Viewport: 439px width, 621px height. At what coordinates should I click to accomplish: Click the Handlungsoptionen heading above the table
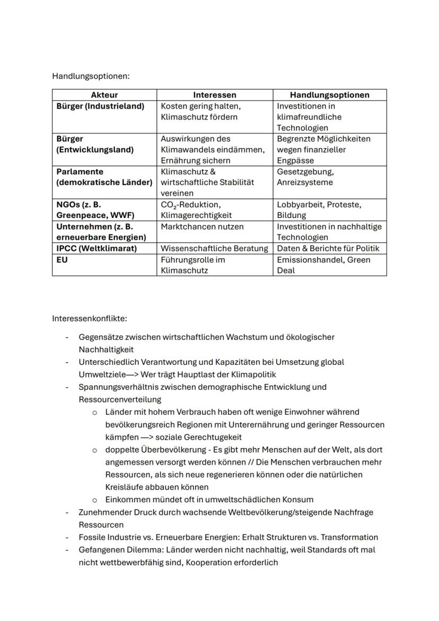[x=91, y=76]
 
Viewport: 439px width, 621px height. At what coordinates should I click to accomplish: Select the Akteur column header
[x=104, y=95]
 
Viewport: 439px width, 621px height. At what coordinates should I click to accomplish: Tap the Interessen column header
[x=214, y=95]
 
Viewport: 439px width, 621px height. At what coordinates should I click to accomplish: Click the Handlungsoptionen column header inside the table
[x=329, y=95]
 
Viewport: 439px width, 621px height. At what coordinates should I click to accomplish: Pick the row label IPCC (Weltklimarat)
[x=96, y=248]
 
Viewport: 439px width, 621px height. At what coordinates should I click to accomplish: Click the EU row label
[x=63, y=260]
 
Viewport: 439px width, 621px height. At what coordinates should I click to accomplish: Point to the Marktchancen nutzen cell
[x=202, y=226]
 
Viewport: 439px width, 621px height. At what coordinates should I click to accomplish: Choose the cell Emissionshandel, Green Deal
[x=323, y=265]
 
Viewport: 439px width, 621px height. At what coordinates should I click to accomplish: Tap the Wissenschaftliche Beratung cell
[x=214, y=248]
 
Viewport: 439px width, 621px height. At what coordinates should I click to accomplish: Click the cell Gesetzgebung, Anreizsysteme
[x=305, y=177]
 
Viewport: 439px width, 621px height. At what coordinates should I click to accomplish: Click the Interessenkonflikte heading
[x=90, y=319]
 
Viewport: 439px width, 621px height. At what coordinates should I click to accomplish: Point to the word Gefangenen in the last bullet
[x=101, y=550]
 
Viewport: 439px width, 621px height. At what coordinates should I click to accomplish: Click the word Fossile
[x=92, y=537]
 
